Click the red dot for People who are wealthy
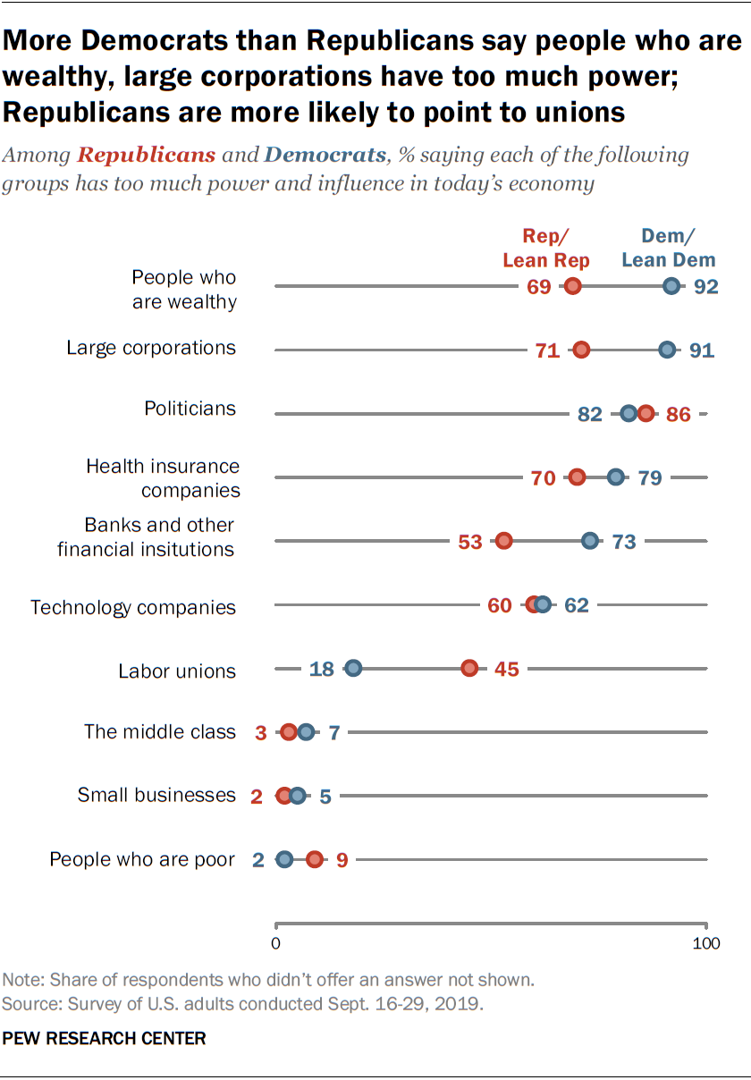click(x=573, y=286)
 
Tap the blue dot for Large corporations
click(x=667, y=350)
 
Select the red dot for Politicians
click(x=646, y=413)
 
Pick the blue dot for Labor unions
click(x=353, y=669)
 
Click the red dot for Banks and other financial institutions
click(x=504, y=541)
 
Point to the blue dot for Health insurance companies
click(x=616, y=477)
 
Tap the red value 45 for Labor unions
click(x=507, y=670)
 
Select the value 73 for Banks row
click(x=623, y=542)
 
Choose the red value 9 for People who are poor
click(x=342, y=860)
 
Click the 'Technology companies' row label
click(x=133, y=608)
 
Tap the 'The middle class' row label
click(x=160, y=732)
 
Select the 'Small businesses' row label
click(x=156, y=795)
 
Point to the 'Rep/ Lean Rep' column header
click(x=546, y=248)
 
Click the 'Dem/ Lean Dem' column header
click(x=669, y=248)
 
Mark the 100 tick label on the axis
click(x=706, y=944)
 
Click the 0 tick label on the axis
click(x=275, y=944)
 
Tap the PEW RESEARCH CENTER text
click(x=105, y=1038)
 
